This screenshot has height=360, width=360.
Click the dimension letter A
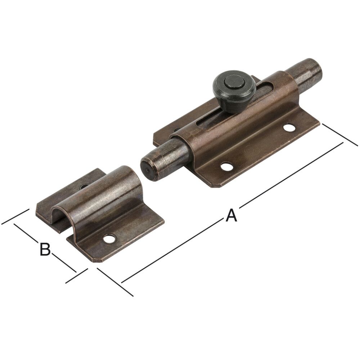pos(231,216)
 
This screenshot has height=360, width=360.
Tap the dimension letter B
pos(45,249)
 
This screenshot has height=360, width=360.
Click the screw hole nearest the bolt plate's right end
pos(289,127)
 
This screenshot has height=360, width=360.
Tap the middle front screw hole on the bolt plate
pos(226,166)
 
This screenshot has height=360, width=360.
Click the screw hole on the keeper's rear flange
pos(84,187)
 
